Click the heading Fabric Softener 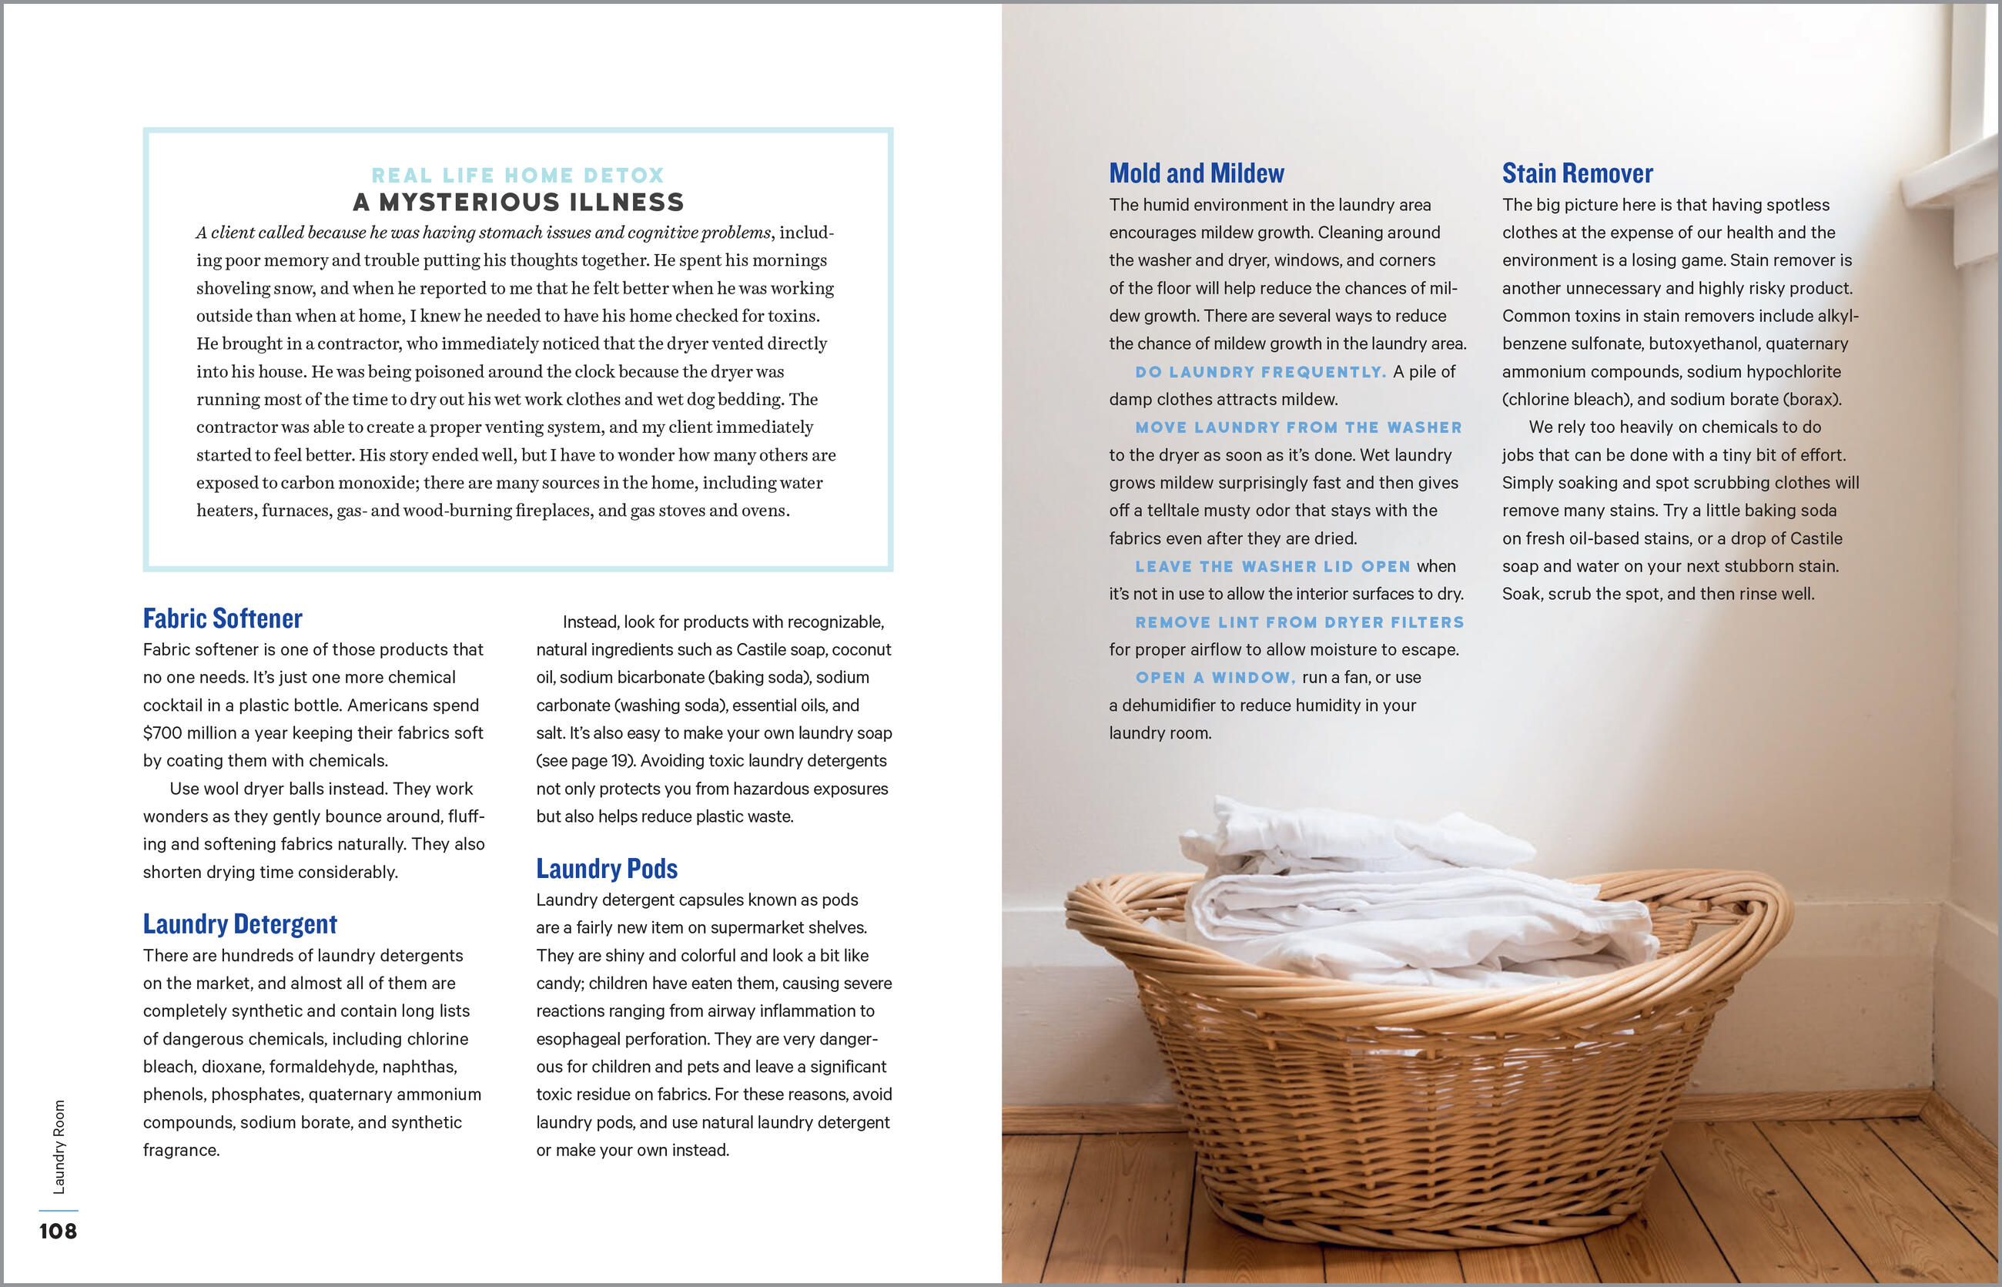pyautogui.click(x=223, y=618)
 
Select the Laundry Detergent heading pyautogui.click(x=239, y=923)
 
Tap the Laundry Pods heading pyautogui.click(x=607, y=868)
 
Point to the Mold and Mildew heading pyautogui.click(x=1197, y=173)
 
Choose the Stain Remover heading pyautogui.click(x=1578, y=173)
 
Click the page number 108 pyautogui.click(x=58, y=1231)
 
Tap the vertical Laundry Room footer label pyautogui.click(x=59, y=1147)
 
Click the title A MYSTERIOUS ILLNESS pyautogui.click(x=518, y=203)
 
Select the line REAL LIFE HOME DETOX pyautogui.click(x=518, y=176)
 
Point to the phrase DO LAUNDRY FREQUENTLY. pyautogui.click(x=1260, y=372)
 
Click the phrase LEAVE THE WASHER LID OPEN pyautogui.click(x=1273, y=567)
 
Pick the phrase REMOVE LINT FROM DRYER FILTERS pyautogui.click(x=1299, y=622)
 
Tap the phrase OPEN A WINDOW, pyautogui.click(x=1216, y=678)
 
